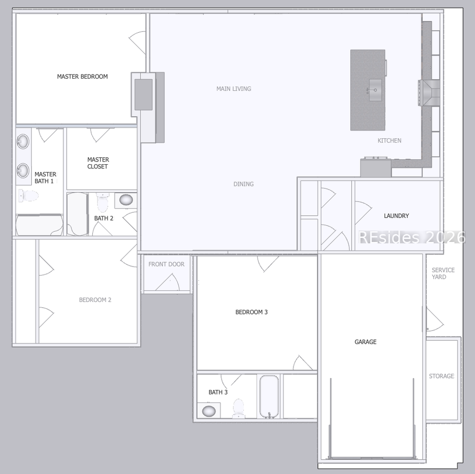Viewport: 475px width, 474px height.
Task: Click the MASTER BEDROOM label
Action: (82, 77)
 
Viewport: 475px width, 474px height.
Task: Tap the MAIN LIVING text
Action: (234, 89)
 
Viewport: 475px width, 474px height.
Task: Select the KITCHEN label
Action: (389, 140)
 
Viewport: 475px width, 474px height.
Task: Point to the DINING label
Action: (243, 184)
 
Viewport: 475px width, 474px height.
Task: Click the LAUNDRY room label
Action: (396, 216)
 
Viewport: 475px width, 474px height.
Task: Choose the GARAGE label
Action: (365, 342)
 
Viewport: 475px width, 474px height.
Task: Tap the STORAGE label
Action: (441, 376)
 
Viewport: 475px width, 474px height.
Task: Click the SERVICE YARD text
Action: (443, 273)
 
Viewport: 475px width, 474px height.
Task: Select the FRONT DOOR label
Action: (166, 264)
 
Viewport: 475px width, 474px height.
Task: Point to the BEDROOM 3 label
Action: (251, 312)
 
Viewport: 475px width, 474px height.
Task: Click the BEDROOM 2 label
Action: (95, 300)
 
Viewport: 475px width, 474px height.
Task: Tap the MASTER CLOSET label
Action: (98, 163)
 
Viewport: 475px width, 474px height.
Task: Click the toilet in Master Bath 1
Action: (29, 196)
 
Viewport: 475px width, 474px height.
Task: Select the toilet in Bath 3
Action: (239, 409)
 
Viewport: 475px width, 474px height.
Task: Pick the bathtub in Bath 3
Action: (269, 396)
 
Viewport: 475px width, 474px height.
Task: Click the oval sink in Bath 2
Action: (126, 200)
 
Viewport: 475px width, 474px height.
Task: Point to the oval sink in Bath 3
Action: (209, 411)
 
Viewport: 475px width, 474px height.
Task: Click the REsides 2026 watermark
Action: (412, 238)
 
